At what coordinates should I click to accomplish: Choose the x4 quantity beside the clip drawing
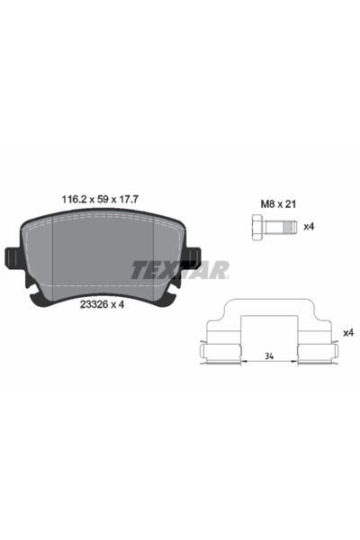348,333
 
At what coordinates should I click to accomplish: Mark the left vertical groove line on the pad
54,256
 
